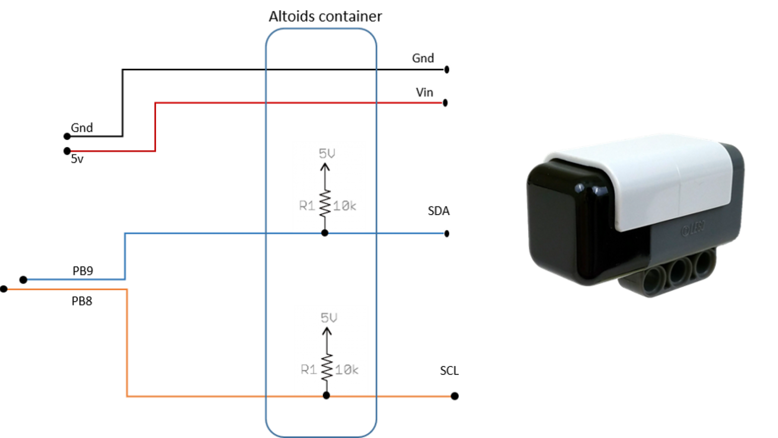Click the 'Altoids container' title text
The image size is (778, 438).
[325, 16]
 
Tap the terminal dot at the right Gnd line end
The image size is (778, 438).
[446, 69]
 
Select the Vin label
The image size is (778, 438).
[424, 92]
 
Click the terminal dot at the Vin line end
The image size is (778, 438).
[445, 103]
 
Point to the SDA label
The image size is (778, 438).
[438, 211]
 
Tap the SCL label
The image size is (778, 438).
[449, 370]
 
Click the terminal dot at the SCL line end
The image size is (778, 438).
[455, 396]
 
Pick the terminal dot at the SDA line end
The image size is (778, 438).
[446, 234]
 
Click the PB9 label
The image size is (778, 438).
[83, 271]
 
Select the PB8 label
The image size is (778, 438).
[82, 301]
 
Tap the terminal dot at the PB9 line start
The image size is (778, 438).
[23, 280]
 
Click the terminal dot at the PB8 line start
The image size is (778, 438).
[3, 289]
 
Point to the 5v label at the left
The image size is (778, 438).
[77, 159]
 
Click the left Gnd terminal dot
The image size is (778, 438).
[67, 136]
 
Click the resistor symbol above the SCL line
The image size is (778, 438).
[327, 367]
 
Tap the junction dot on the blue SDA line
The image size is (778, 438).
[325, 233]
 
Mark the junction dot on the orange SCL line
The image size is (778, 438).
[326, 396]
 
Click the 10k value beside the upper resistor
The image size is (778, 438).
[344, 206]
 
